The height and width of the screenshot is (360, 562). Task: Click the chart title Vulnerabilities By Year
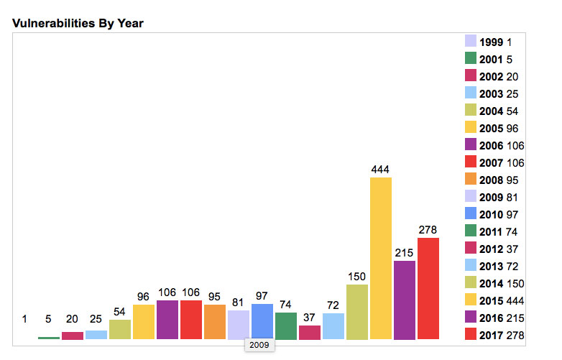pyautogui.click(x=78, y=24)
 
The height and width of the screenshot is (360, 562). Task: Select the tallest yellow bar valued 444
pyautogui.click(x=380, y=258)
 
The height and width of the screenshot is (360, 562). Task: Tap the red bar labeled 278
pyautogui.click(x=428, y=288)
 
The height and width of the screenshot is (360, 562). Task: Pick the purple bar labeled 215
pyautogui.click(x=404, y=300)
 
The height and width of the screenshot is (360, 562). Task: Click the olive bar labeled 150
pyautogui.click(x=356, y=312)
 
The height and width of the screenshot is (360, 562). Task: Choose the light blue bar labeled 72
pyautogui.click(x=333, y=326)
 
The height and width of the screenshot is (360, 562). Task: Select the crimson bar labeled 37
pyautogui.click(x=309, y=332)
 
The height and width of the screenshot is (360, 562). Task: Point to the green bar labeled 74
pyautogui.click(x=285, y=326)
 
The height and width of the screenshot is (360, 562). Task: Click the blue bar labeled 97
pyautogui.click(x=262, y=321)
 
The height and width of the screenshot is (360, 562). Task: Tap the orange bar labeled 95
pyautogui.click(x=214, y=322)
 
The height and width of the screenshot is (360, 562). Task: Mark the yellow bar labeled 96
pyautogui.click(x=143, y=322)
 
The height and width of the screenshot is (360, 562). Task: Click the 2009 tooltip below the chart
pyautogui.click(x=259, y=345)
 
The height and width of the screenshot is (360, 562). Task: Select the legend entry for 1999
pyautogui.click(x=492, y=42)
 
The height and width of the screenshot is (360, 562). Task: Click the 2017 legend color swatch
pyautogui.click(x=471, y=336)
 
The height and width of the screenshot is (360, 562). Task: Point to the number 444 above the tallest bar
pyautogui.click(x=380, y=169)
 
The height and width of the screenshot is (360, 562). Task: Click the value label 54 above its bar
pyautogui.click(x=119, y=312)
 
